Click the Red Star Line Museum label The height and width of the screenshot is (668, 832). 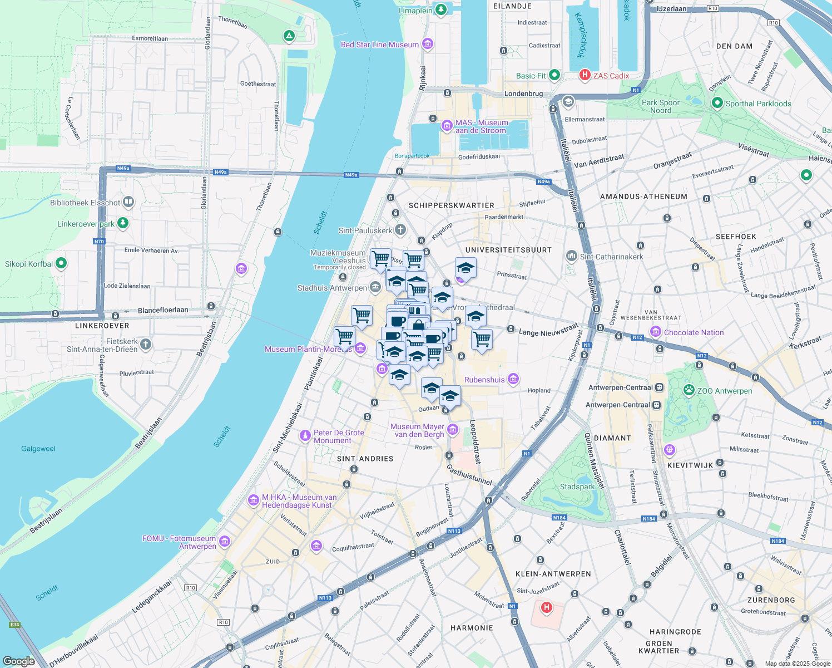click(380, 45)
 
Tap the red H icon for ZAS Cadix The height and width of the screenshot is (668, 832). click(585, 75)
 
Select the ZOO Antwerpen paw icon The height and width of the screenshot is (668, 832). click(689, 390)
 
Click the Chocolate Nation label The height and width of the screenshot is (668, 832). click(694, 332)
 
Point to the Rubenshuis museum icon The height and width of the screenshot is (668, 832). click(513, 380)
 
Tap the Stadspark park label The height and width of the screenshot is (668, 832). click(577, 487)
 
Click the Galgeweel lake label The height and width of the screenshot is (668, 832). click(38, 449)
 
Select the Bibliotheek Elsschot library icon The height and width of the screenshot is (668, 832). click(128, 202)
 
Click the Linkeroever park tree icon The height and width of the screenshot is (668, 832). click(123, 223)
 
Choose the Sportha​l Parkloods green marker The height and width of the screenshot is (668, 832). click(717, 103)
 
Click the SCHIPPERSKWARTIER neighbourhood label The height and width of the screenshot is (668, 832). click(451, 205)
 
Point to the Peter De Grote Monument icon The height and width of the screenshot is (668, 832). click(305, 435)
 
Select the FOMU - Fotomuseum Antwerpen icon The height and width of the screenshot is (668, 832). click(225, 541)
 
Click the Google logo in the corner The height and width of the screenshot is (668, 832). click(19, 661)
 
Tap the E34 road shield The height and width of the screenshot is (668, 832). click(14, 625)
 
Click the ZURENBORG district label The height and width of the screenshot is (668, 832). click(771, 600)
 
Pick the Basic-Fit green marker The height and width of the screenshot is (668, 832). click(554, 75)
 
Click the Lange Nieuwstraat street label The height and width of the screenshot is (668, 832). click(548, 331)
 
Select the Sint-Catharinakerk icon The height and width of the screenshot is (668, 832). click(571, 256)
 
